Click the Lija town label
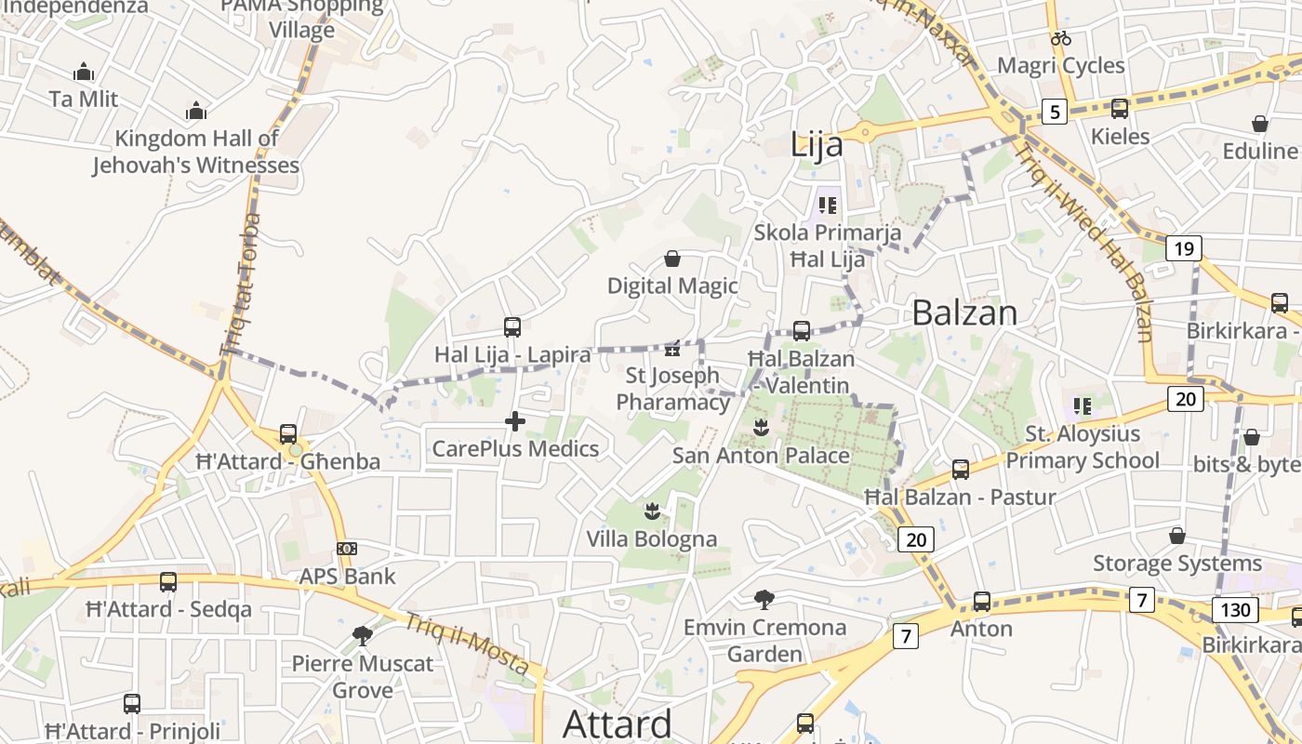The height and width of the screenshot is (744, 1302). [817, 145]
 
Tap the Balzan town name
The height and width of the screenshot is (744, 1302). [964, 312]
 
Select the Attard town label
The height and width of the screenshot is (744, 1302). [618, 723]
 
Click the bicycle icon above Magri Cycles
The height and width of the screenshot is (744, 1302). [1061, 38]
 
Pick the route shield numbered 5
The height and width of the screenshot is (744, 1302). [1054, 112]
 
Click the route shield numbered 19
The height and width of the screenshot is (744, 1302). [1183, 248]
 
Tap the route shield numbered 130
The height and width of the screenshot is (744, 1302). [1235, 610]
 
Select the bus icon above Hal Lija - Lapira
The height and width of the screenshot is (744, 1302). [512, 326]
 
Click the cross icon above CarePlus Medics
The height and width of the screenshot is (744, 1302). [514, 421]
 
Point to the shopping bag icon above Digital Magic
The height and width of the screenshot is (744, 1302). [672, 258]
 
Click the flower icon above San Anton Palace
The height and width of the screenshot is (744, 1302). [761, 428]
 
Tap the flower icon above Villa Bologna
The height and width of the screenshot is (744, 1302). [652, 511]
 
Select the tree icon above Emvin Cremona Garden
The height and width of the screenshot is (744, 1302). [764, 599]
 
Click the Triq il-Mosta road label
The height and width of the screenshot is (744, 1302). [468, 644]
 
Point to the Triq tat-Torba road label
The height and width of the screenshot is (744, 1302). [240, 284]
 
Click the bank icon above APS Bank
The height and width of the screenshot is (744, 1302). [347, 549]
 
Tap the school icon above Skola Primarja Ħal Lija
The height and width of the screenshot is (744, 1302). [827, 205]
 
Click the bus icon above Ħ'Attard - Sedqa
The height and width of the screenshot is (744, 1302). [168, 582]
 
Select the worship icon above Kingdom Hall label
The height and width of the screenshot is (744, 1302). [196, 111]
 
